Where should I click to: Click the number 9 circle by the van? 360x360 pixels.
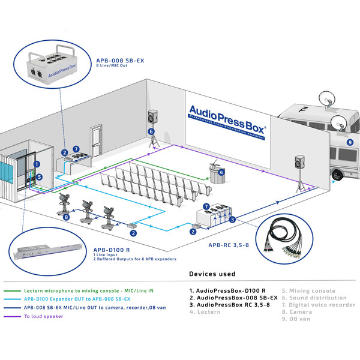350,142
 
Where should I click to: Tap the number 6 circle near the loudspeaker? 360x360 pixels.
151,131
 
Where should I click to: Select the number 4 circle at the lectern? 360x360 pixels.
221,173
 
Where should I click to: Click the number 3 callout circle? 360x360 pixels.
232,220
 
